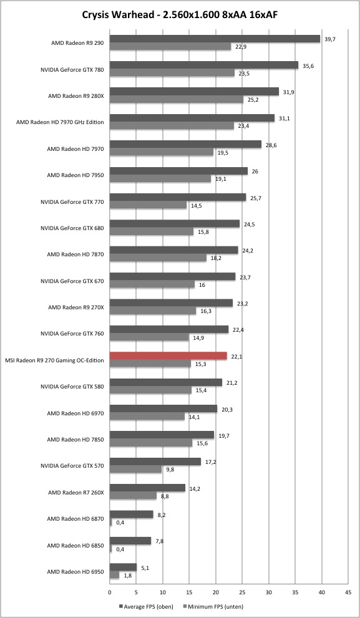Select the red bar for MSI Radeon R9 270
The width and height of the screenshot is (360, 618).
click(x=168, y=355)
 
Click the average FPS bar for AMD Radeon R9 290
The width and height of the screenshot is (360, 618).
click(x=215, y=39)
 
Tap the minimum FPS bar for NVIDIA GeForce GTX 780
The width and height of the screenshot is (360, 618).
click(x=172, y=73)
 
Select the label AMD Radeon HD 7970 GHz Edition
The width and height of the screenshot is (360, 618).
click(x=60, y=122)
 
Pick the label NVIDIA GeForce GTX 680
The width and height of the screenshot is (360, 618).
click(x=72, y=228)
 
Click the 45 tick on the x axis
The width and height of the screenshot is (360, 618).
click(x=348, y=592)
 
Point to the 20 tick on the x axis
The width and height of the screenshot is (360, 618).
click(x=216, y=592)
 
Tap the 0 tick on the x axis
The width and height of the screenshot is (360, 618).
click(x=110, y=592)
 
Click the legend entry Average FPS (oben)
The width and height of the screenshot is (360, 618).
click(x=146, y=607)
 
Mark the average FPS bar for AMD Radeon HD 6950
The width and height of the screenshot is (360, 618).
click(x=123, y=567)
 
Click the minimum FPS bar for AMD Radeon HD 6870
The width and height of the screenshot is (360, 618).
click(x=111, y=522)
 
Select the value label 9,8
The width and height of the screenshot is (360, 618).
click(x=169, y=470)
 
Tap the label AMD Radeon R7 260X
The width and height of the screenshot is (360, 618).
click(x=75, y=492)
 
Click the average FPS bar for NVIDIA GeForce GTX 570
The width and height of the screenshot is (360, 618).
click(x=155, y=461)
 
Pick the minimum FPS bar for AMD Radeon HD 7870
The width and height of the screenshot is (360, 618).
click(x=158, y=258)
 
